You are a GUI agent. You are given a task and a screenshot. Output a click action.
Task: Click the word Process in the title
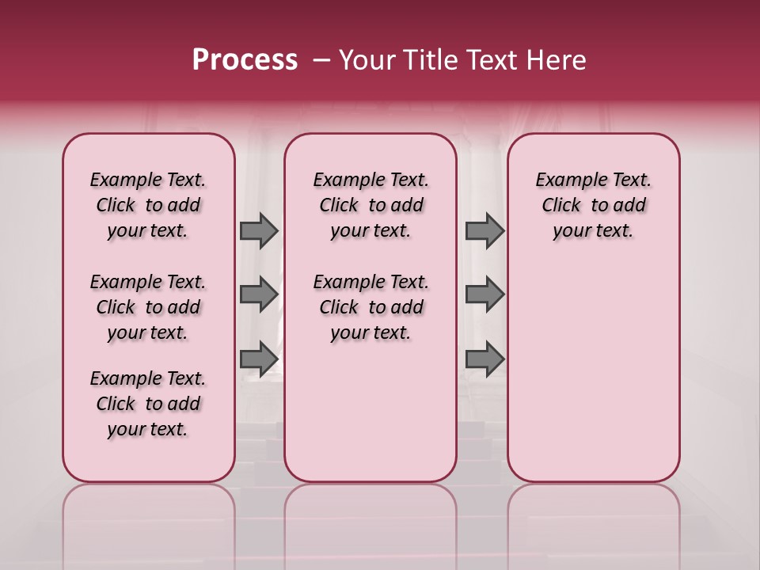click(x=245, y=60)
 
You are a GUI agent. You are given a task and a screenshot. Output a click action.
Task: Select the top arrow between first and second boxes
click(x=259, y=230)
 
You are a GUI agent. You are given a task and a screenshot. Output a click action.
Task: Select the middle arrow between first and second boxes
click(x=259, y=294)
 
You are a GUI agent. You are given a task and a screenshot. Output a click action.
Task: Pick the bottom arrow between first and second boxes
click(x=259, y=358)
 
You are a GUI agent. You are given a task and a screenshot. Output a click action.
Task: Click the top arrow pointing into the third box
click(x=484, y=230)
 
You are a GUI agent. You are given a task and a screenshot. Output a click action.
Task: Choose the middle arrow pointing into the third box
click(x=484, y=294)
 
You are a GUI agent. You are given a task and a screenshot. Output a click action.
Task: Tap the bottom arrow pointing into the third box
click(x=484, y=358)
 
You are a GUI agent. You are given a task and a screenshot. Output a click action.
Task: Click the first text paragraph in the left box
click(x=148, y=205)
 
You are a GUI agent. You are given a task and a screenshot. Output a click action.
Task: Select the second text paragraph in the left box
click(x=148, y=307)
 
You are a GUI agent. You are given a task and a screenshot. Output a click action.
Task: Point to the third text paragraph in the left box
click(x=148, y=404)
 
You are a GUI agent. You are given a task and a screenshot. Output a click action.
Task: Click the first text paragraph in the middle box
click(x=370, y=205)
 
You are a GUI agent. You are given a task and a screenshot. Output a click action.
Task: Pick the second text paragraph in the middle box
click(x=370, y=307)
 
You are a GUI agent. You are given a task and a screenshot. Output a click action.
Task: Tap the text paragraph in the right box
click(x=593, y=205)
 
